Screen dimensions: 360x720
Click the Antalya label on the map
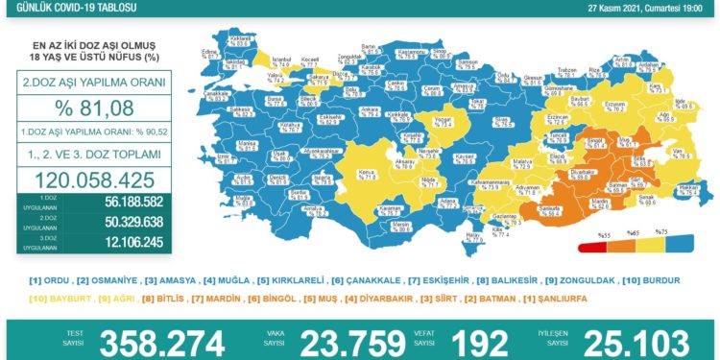point(310,207)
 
